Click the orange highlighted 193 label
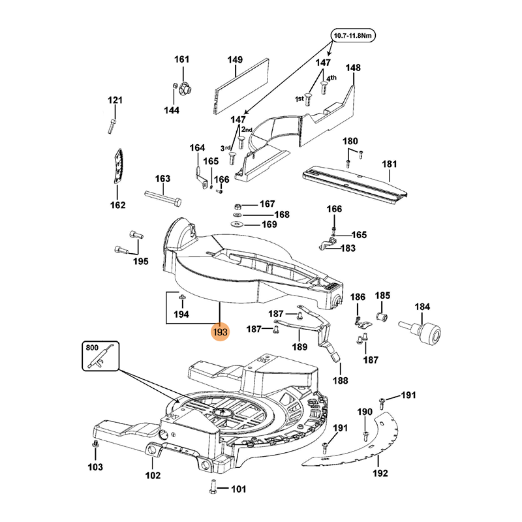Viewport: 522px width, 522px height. [x=220, y=332]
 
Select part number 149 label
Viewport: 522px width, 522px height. [x=235, y=60]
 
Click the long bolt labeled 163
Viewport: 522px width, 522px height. [x=162, y=197]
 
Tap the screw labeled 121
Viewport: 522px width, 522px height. [x=114, y=123]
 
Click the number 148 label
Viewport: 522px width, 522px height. [x=353, y=68]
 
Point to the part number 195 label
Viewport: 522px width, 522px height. [x=140, y=262]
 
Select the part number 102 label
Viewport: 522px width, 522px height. [x=152, y=476]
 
